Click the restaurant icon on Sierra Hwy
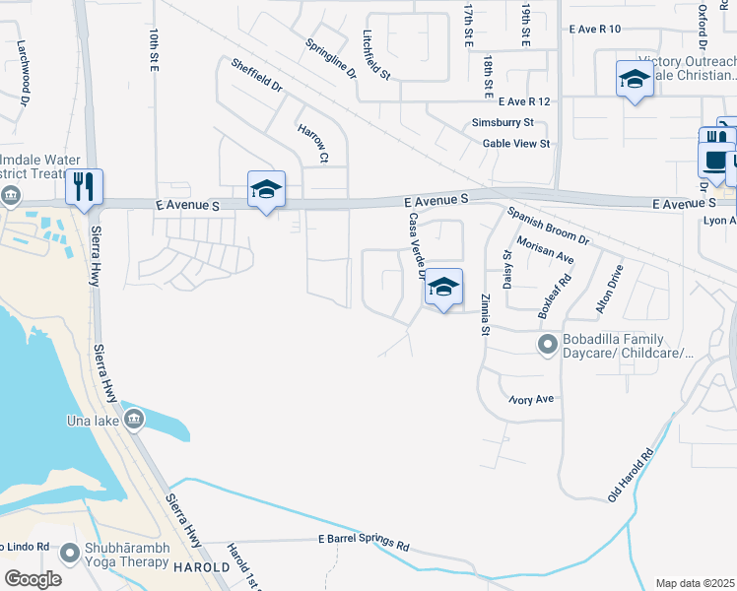84,186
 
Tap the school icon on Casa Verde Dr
443,288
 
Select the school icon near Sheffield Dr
265,188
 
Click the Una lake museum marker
135,421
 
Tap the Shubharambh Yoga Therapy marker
69,554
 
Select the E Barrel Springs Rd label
363,542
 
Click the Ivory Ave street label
532,400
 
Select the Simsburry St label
502,123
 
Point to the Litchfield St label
376,53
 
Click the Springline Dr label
330,58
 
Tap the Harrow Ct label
311,143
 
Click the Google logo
33,579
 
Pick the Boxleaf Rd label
555,294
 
